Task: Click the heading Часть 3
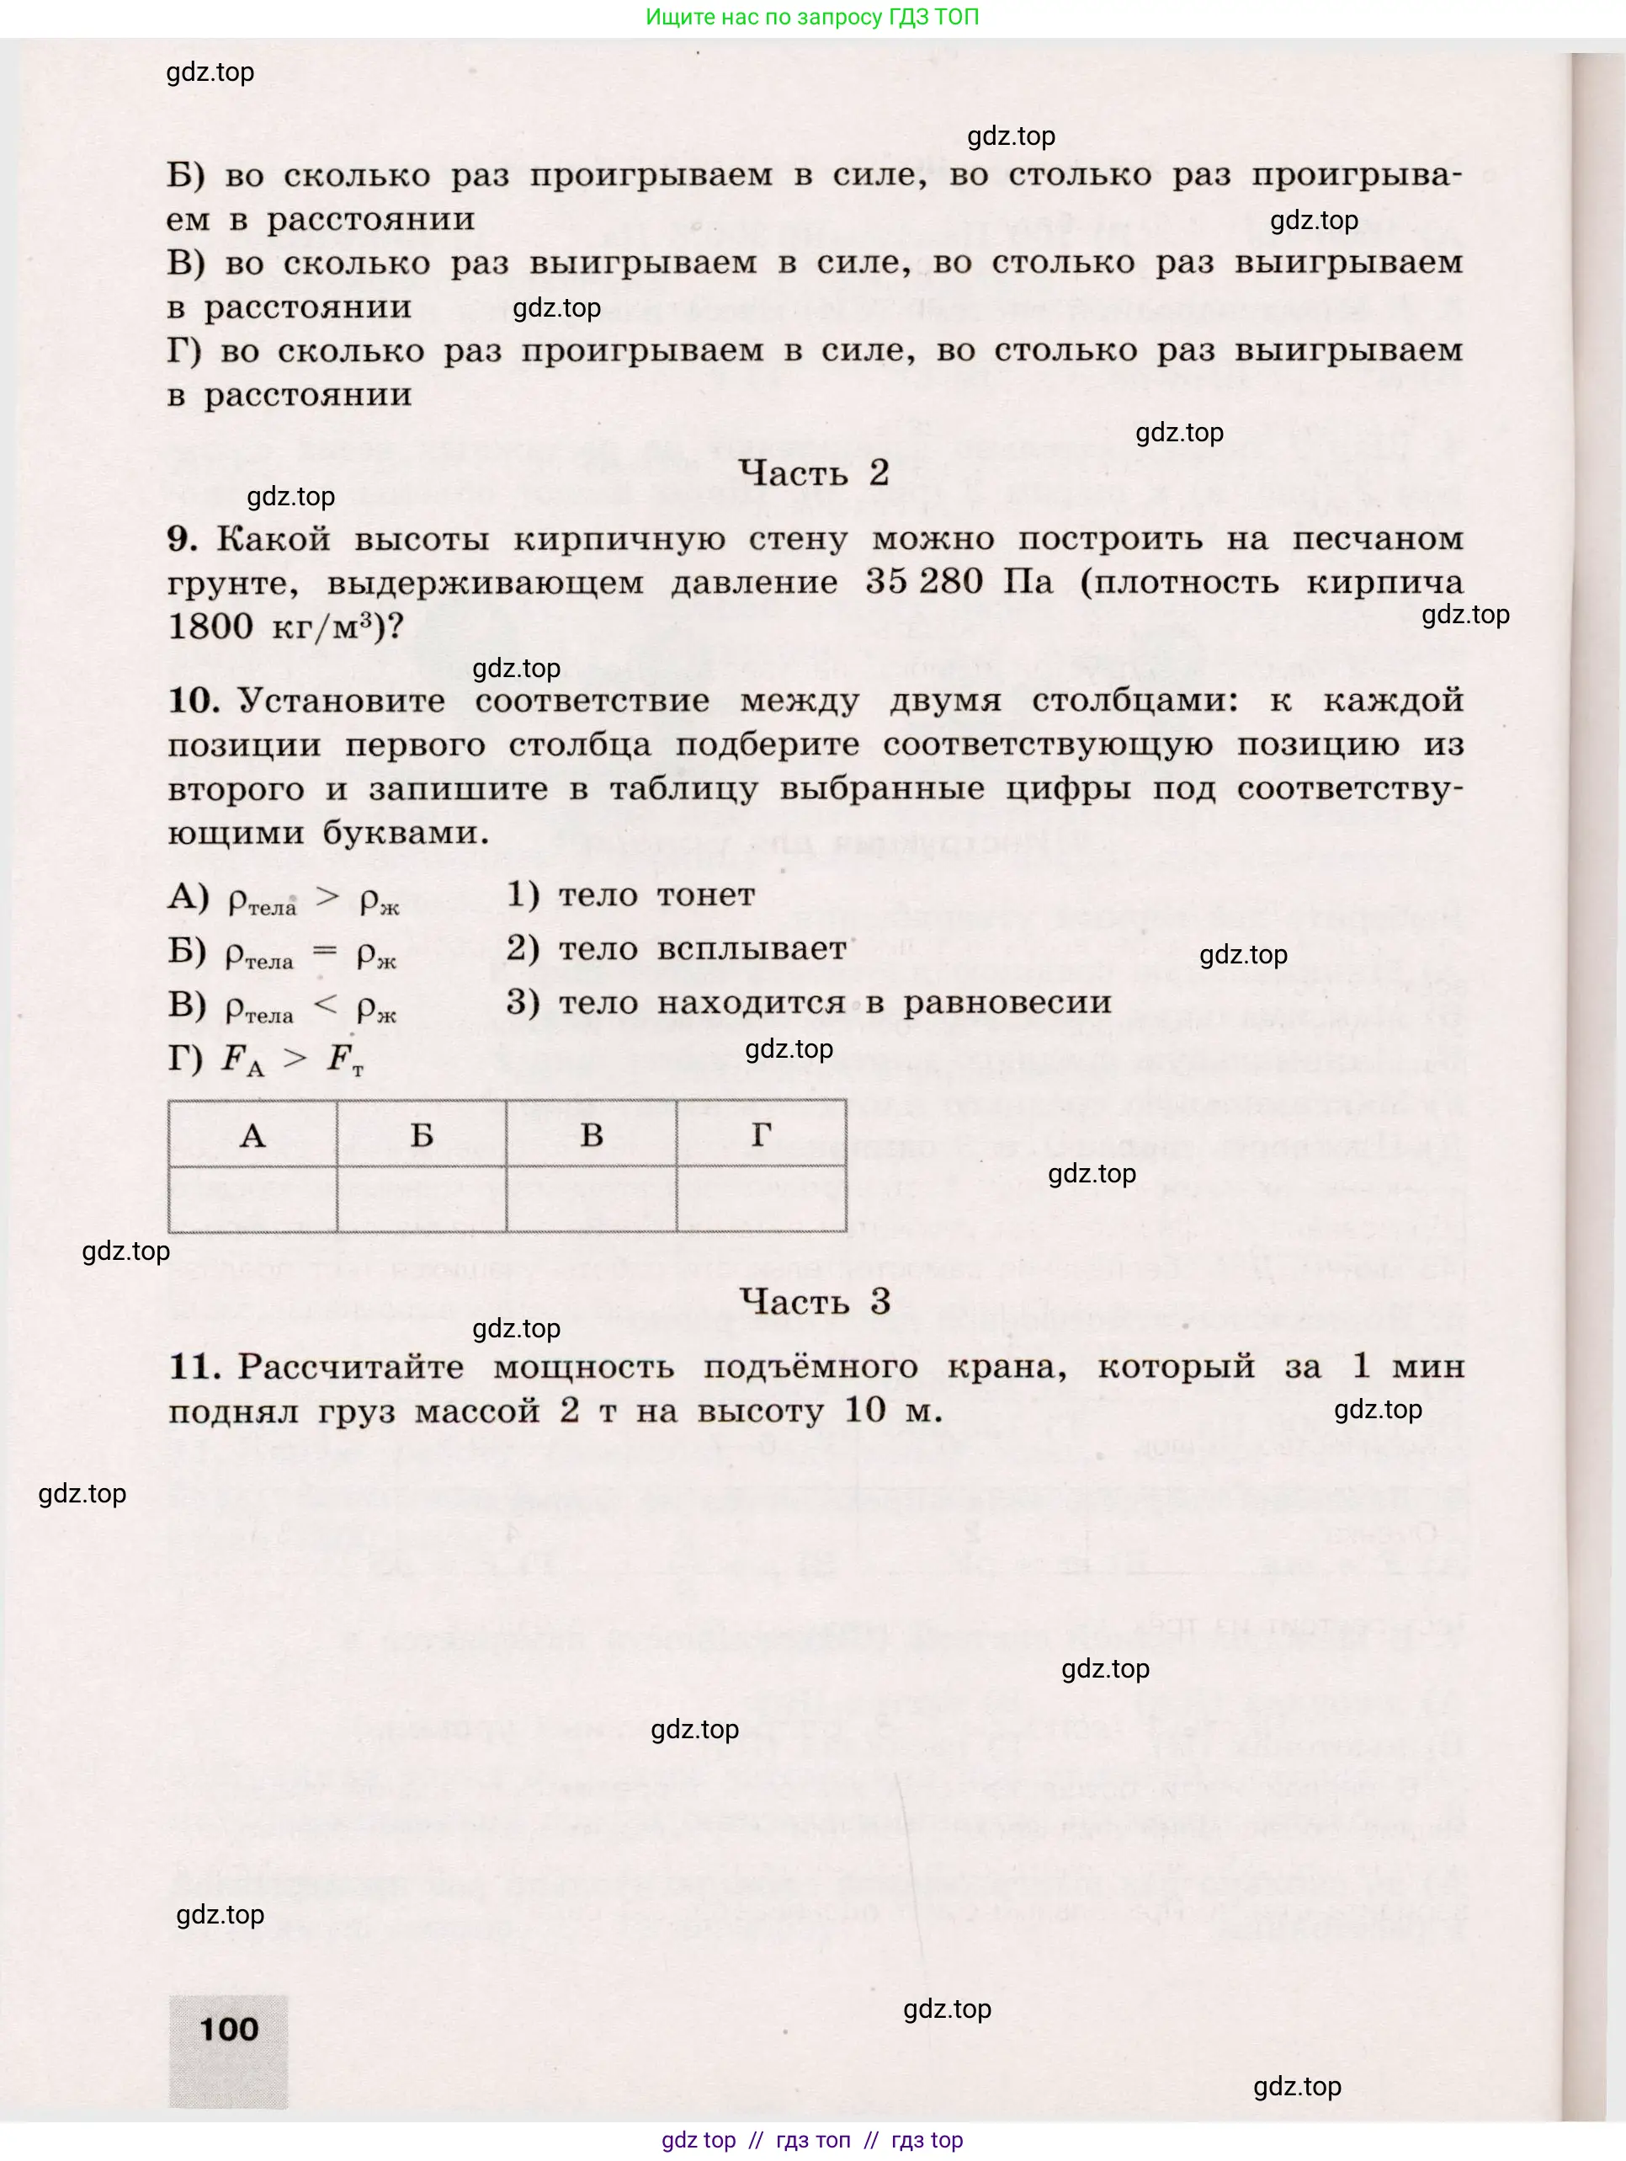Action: (815, 1301)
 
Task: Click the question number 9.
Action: (182, 538)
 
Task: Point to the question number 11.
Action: (194, 1367)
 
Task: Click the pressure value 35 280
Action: (923, 582)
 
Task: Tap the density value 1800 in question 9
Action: (210, 627)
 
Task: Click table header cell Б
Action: (421, 1135)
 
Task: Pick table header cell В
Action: (591, 1135)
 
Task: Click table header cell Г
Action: (761, 1135)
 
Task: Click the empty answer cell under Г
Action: (761, 1198)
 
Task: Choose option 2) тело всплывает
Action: (676, 948)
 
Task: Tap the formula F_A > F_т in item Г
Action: (291, 1059)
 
